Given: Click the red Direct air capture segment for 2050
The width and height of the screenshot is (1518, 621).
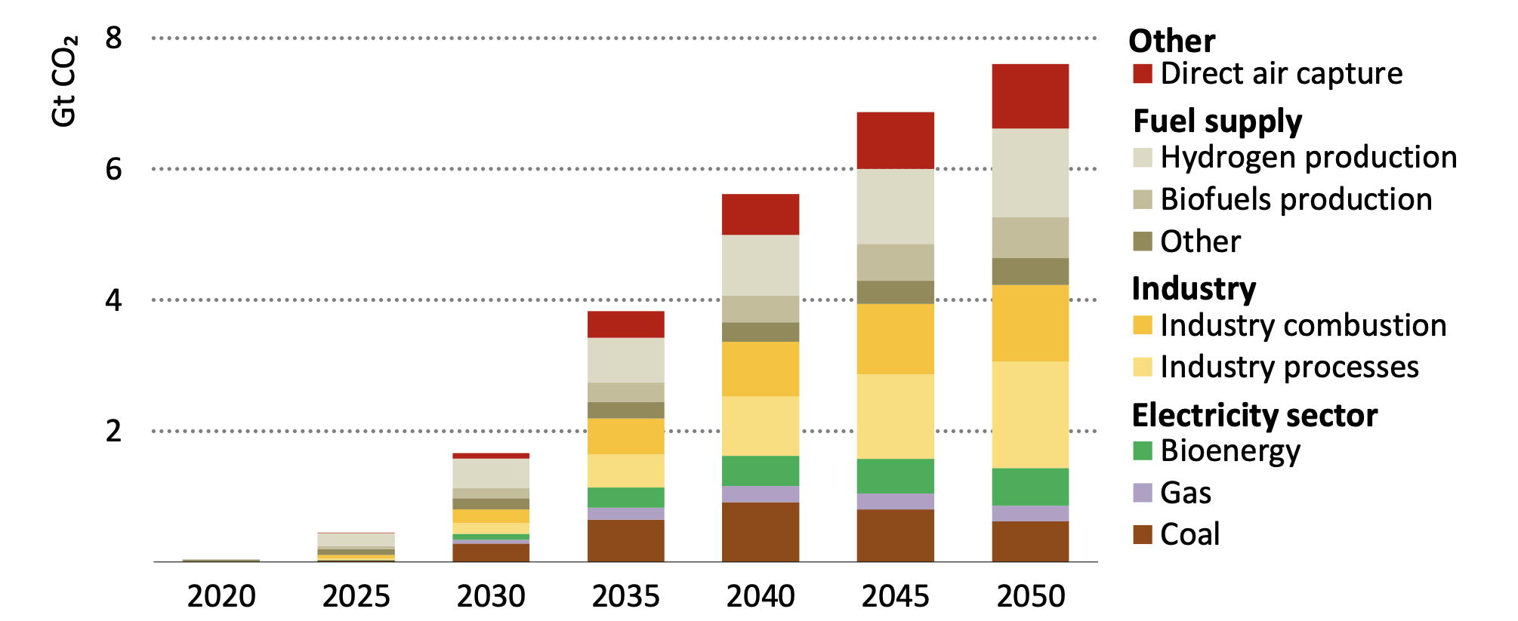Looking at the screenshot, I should tap(1029, 96).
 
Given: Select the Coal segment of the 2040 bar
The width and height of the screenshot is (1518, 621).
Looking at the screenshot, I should tap(760, 531).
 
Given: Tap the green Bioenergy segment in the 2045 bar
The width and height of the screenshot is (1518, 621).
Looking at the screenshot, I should tap(895, 475).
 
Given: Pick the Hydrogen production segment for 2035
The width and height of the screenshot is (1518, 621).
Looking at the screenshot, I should tap(625, 359).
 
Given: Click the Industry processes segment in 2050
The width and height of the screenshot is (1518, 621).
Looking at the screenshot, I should tap(1029, 414).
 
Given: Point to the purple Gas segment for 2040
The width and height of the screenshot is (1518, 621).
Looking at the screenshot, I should tap(760, 493).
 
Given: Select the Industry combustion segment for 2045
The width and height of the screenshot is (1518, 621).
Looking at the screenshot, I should tap(895, 339).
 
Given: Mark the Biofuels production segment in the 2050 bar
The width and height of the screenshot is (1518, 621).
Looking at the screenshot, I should tap(1029, 238).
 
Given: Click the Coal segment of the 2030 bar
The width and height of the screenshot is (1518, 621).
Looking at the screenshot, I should tap(491, 552).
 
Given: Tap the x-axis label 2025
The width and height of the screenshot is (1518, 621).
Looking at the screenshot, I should tap(356, 596).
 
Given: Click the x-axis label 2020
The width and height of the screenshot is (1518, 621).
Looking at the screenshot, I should tap(221, 596).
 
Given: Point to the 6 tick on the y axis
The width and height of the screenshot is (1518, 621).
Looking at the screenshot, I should tap(113, 169).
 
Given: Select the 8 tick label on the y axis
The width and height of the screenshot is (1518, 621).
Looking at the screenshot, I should tap(113, 38).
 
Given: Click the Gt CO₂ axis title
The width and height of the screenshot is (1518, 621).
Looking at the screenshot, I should tap(64, 81).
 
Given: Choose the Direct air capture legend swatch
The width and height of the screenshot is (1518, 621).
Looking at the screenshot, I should tap(1142, 74).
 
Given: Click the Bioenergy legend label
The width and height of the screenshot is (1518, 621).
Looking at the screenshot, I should tap(1230, 450).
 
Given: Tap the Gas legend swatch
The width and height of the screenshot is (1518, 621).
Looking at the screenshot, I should tap(1142, 493).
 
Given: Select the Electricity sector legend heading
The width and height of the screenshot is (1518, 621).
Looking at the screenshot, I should tap(1254, 415).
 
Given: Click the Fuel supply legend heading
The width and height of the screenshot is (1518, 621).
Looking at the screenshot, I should tap(1217, 121).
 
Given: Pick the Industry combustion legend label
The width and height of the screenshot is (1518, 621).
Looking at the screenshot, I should tap(1303, 325).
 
